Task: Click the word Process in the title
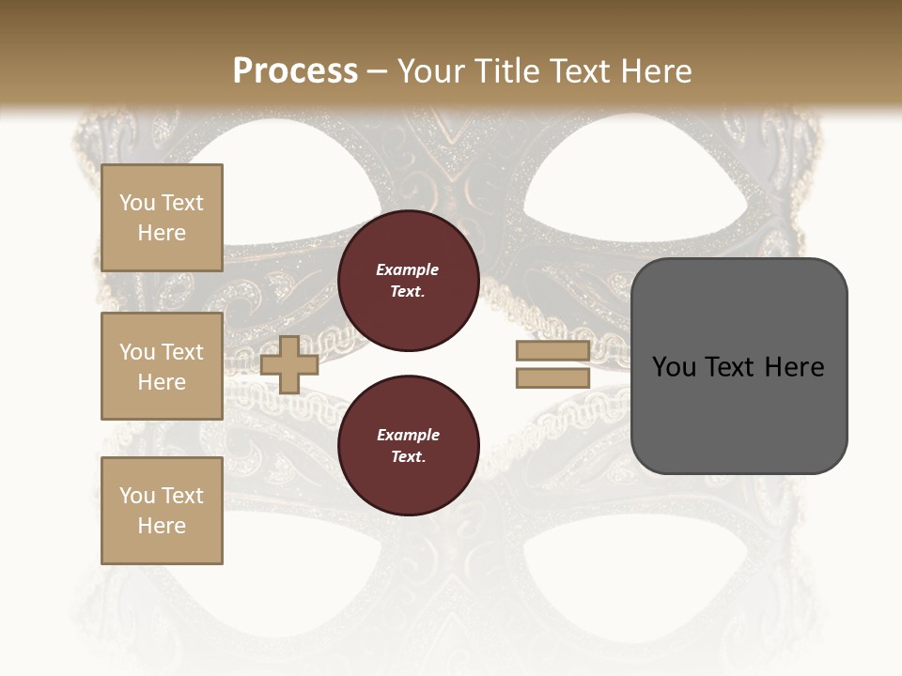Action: pyautogui.click(x=295, y=70)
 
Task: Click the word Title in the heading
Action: pyautogui.click(x=505, y=70)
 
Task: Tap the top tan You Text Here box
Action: pyautogui.click(x=162, y=218)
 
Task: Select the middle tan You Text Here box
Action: pyautogui.click(x=162, y=366)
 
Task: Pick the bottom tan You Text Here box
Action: pyautogui.click(x=162, y=510)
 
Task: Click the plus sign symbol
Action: pyautogui.click(x=289, y=364)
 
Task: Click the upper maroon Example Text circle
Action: pyautogui.click(x=408, y=281)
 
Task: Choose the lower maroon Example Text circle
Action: pyautogui.click(x=408, y=445)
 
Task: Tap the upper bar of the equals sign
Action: pyautogui.click(x=552, y=351)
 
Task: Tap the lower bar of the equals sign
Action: pyautogui.click(x=552, y=377)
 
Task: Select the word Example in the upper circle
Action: pyautogui.click(x=407, y=269)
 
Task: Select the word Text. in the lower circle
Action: pyautogui.click(x=408, y=456)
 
